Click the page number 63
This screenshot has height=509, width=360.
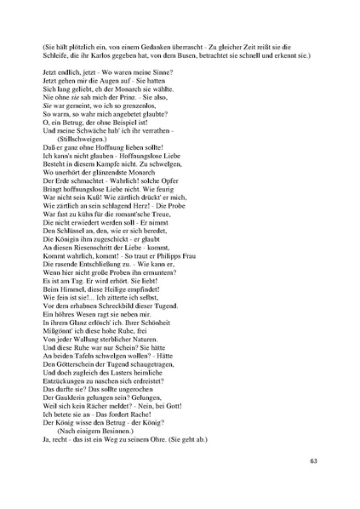313,460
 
